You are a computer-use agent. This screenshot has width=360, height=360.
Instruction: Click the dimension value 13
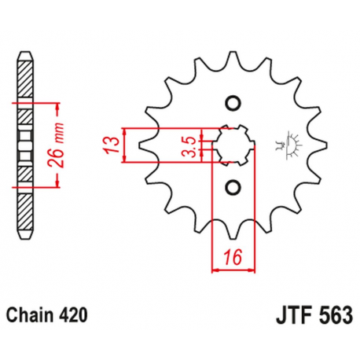point(113,144)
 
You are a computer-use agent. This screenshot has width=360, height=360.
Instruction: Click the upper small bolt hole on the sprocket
point(232,102)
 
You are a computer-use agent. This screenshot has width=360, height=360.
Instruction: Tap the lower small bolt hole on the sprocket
point(232,186)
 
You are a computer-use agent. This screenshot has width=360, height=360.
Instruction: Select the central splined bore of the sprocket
point(232,144)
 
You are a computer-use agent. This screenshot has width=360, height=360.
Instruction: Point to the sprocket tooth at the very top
point(232,57)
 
